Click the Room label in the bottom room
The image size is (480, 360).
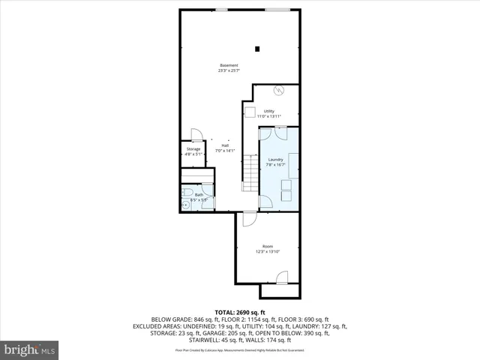click(268, 248)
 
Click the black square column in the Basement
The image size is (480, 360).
click(258, 49)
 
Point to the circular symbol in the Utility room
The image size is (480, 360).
click(278, 91)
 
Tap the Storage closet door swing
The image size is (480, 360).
click(196, 135)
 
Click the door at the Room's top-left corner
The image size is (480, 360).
click(248, 219)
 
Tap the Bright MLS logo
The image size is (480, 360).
click(30, 350)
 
